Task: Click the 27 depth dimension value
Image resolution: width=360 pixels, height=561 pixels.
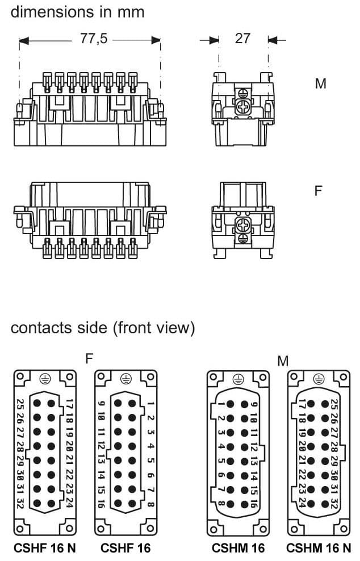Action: pyautogui.click(x=242, y=39)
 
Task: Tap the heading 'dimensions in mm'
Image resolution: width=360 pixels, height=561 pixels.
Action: pyautogui.click(x=77, y=11)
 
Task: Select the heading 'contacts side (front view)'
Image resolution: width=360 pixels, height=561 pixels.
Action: pyautogui.click(x=103, y=328)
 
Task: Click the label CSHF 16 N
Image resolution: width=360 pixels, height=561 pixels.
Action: pyautogui.click(x=44, y=548)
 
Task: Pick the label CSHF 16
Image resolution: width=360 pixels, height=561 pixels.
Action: pyautogui.click(x=125, y=548)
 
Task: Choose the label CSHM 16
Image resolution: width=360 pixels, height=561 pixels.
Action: pyautogui.click(x=238, y=548)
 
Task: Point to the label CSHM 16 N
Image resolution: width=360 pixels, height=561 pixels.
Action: pyautogui.click(x=319, y=548)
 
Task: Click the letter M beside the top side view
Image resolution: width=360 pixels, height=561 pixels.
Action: pyautogui.click(x=321, y=83)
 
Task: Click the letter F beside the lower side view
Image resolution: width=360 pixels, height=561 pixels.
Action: pyautogui.click(x=319, y=190)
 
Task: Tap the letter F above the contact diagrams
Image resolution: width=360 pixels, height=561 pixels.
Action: pyautogui.click(x=89, y=358)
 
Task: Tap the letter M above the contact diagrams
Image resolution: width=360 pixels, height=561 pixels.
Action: pyautogui.click(x=283, y=361)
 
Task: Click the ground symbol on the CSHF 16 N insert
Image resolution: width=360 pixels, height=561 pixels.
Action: pyautogui.click(x=44, y=379)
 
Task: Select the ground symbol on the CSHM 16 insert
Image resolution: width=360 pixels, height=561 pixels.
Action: pyautogui.click(x=238, y=379)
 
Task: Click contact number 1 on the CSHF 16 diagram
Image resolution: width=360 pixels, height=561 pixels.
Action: pyautogui.click(x=151, y=404)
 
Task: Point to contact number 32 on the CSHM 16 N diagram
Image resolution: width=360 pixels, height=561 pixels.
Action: pyautogui.click(x=334, y=503)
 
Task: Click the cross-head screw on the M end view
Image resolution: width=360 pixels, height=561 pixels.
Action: pyautogui.click(x=243, y=107)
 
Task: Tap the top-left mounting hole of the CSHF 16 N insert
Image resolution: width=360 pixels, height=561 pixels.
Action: pyautogui.click(x=20, y=377)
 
